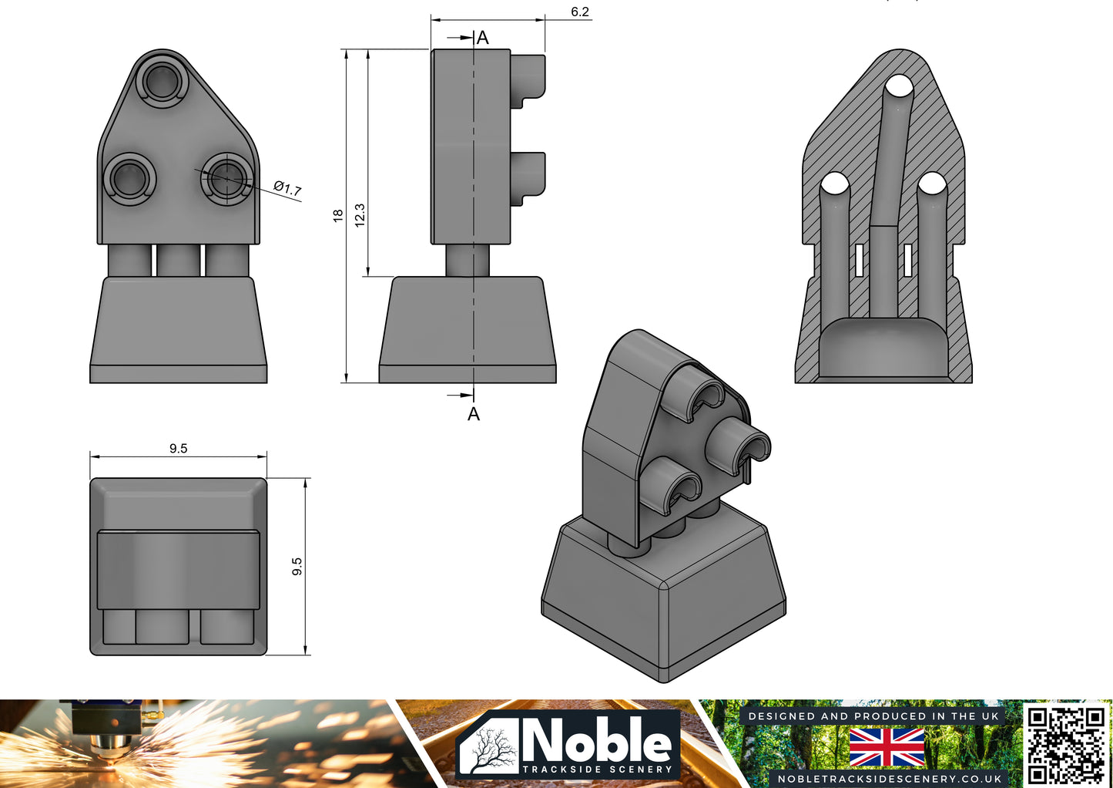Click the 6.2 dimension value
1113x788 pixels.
click(580, 12)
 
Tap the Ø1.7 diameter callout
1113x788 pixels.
click(288, 187)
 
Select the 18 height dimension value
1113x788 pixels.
click(338, 215)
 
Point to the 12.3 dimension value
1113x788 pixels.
click(360, 215)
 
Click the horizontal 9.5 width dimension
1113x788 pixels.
click(179, 448)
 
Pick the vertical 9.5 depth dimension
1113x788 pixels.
click(297, 567)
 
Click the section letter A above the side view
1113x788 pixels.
click(482, 37)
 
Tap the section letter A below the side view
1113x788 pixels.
click(474, 414)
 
